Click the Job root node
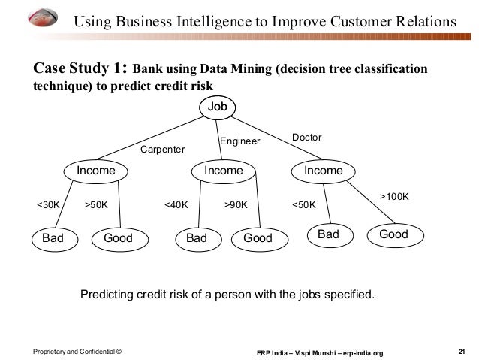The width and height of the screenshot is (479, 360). pos(217,107)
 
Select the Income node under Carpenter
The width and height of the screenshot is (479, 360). pos(95,171)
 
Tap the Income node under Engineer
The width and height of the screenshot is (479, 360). pos(223,171)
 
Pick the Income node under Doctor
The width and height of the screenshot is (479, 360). pos(323,171)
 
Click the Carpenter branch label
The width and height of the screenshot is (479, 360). pos(162,150)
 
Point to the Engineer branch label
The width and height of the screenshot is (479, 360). pos(239,141)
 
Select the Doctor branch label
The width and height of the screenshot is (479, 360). pos(306,138)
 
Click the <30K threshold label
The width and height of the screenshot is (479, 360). pos(49,204)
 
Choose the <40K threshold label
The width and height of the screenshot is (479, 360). pos(176,204)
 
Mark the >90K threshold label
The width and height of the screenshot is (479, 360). pos(236,204)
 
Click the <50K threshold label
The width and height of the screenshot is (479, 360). pos(303,204)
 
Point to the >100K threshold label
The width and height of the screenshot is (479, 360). pos(393,196)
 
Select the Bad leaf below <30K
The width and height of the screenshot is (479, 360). pos(53,238)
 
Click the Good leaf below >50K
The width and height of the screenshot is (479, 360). pos(118,238)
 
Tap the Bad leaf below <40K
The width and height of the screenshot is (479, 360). pos(196,238)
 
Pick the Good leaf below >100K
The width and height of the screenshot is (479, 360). pos(393,234)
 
